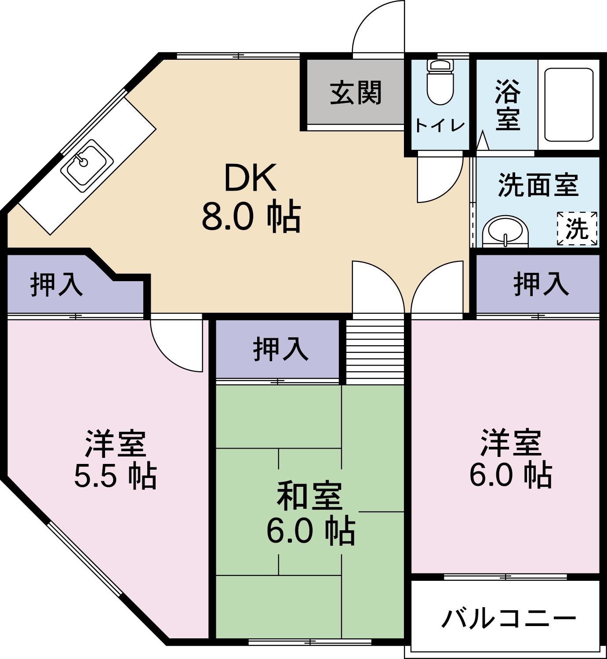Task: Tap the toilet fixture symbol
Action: coord(440,81)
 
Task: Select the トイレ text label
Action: coord(440,126)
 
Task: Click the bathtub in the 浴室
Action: coord(569,104)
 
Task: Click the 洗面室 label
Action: coord(538,185)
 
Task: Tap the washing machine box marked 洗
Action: coord(577,228)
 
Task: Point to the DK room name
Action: coord(250,178)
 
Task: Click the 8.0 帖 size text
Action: coord(251,217)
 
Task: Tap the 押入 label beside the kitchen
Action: coord(57,284)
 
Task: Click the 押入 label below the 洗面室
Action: coord(541,283)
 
